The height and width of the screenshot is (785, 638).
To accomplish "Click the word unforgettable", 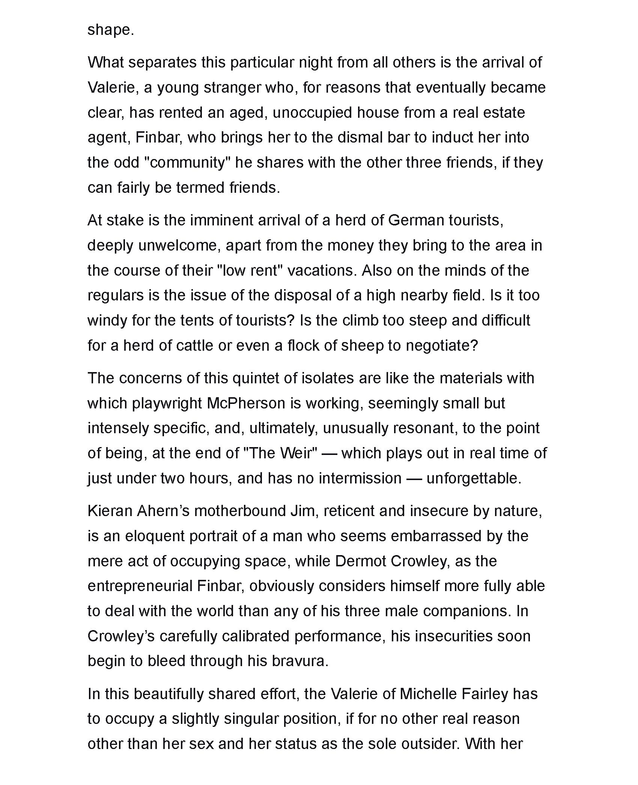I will tap(474, 478).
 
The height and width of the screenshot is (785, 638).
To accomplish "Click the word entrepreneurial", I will tap(140, 586).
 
